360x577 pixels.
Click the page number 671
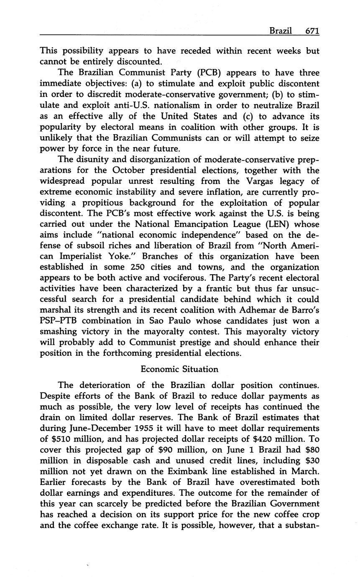[x=312, y=31]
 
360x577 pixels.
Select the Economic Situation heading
[x=179, y=369]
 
